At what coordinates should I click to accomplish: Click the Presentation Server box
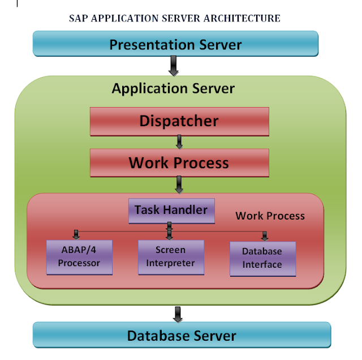175,44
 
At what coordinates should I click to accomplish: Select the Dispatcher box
179,121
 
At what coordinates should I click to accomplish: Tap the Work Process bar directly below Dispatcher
179,163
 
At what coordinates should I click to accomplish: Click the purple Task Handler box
171,210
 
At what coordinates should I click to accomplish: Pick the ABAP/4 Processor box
79,257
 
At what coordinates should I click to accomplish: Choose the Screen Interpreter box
170,257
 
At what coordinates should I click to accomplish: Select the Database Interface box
262,259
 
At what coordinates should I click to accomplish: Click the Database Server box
181,335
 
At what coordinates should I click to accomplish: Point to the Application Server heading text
173,89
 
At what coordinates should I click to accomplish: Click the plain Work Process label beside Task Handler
270,216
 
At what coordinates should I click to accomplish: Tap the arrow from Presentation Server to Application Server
173,67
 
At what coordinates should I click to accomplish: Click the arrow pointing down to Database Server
178,313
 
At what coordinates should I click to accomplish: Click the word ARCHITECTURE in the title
246,18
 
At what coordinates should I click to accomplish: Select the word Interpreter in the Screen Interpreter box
170,263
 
